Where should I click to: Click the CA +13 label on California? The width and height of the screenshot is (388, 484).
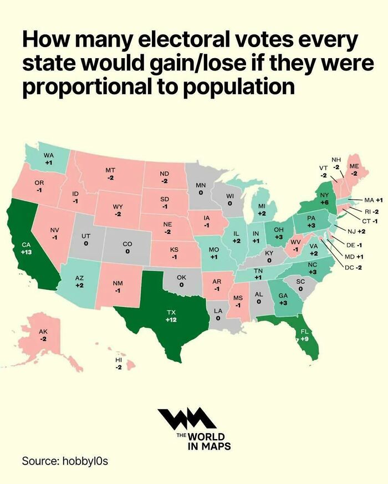(x=26, y=248)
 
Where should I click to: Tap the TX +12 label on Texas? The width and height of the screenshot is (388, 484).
(x=171, y=316)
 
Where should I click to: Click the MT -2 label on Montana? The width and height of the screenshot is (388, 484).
(x=110, y=173)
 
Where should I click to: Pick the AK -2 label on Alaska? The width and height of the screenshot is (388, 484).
(x=43, y=334)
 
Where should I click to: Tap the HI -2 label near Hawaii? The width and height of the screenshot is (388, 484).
(x=119, y=364)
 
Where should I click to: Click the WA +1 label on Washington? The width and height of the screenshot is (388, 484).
(x=49, y=159)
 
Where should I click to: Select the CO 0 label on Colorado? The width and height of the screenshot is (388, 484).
(x=127, y=247)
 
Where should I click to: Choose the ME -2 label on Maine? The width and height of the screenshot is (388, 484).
(x=354, y=170)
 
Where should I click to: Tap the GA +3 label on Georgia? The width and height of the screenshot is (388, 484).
(x=283, y=299)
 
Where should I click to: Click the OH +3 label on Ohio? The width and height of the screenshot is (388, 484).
(x=279, y=233)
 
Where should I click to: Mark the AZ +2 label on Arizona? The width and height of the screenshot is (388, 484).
(x=79, y=281)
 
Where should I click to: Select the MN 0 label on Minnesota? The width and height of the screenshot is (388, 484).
(x=201, y=188)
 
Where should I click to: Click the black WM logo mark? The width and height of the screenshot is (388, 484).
(x=186, y=419)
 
